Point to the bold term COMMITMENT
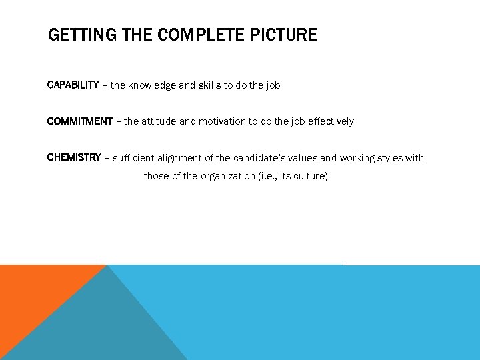click(x=80, y=121)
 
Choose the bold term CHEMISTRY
click(x=74, y=158)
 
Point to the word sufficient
click(x=133, y=158)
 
